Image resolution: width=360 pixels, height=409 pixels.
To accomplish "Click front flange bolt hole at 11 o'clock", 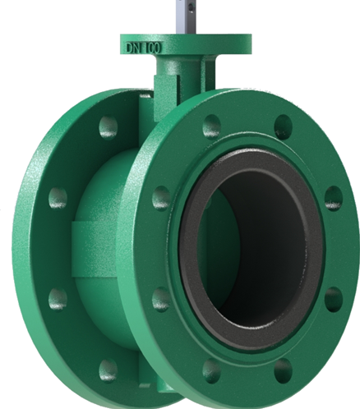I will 211,125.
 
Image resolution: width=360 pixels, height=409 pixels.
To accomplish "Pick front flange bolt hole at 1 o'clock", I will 283,126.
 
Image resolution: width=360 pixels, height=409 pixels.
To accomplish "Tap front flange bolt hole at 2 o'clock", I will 333,197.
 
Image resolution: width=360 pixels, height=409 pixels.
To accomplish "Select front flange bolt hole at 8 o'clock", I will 162,300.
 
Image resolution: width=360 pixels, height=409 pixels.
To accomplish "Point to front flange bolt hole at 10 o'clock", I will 162,197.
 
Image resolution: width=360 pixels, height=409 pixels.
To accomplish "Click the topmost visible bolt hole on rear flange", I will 108,126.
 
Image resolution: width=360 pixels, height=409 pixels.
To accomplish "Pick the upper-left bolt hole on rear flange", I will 58,197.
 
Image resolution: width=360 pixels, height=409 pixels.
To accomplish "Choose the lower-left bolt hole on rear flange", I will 58,297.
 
